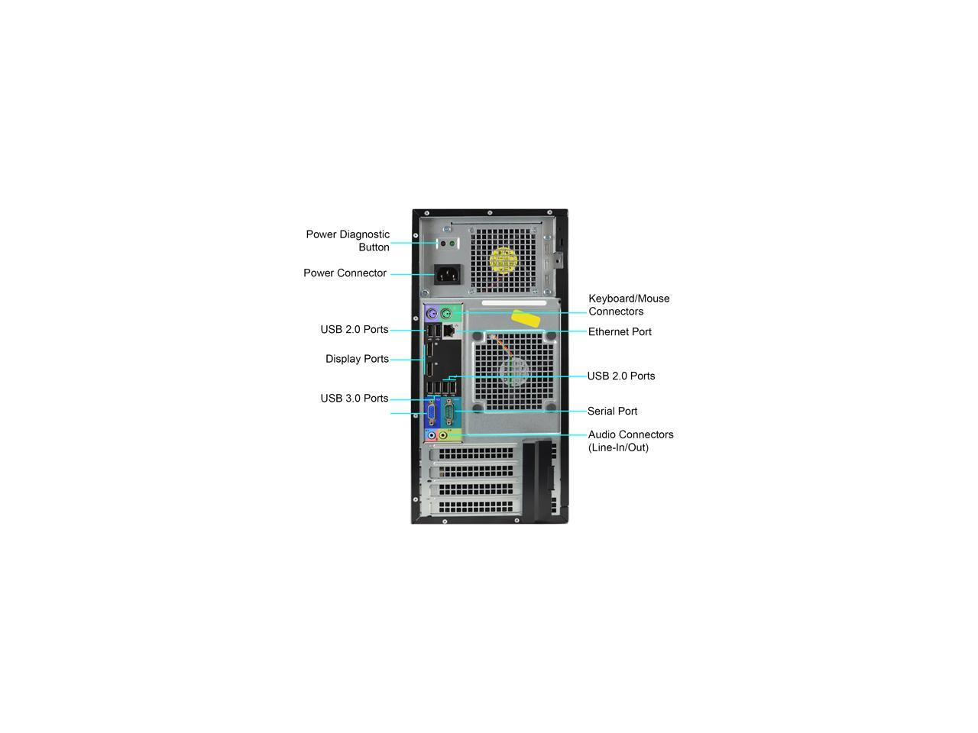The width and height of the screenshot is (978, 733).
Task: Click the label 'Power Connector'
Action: pyautogui.click(x=345, y=273)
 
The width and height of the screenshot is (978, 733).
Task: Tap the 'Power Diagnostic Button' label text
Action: pyautogui.click(x=348, y=241)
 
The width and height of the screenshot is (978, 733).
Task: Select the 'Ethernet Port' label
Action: pyautogui.click(x=620, y=332)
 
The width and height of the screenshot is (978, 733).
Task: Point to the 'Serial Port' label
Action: pyautogui.click(x=612, y=412)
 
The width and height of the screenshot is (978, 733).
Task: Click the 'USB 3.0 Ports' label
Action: pyautogui.click(x=355, y=399)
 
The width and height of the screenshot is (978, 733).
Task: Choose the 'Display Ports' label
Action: pyautogui.click(x=357, y=359)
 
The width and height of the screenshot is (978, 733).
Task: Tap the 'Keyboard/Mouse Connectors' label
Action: pyautogui.click(x=628, y=305)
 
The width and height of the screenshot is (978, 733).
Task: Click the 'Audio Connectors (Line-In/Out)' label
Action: pyautogui.click(x=630, y=441)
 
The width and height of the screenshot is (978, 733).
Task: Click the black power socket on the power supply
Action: pyautogui.click(x=447, y=274)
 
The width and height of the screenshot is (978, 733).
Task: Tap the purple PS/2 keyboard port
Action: pyautogui.click(x=432, y=313)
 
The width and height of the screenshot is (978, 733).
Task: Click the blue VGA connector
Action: pyautogui.click(x=432, y=413)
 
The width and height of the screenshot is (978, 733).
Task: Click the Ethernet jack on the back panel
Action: pyautogui.click(x=449, y=330)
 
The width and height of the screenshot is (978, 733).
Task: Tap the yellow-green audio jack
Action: pyautogui.click(x=443, y=435)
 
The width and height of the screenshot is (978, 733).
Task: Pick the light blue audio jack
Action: pyautogui.click(x=431, y=435)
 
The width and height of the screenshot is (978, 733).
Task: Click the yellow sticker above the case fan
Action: pyautogui.click(x=529, y=317)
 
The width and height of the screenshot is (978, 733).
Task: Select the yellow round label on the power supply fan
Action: pyautogui.click(x=504, y=260)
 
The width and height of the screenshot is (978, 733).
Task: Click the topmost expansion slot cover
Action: pyautogui.click(x=474, y=454)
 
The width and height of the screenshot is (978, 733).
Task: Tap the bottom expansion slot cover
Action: pyautogui.click(x=474, y=505)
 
